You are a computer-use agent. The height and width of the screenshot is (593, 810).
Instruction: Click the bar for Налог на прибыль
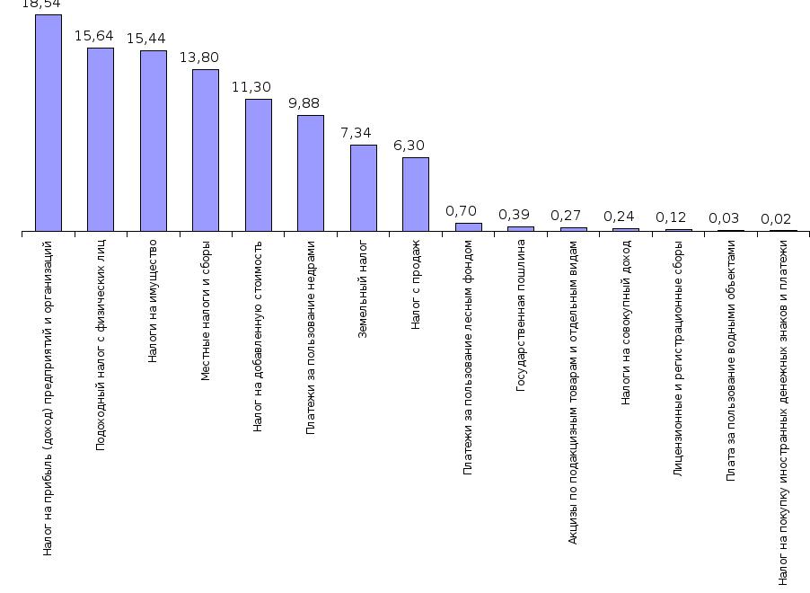[x=48, y=123]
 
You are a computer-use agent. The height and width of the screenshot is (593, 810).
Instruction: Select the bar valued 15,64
[x=101, y=139]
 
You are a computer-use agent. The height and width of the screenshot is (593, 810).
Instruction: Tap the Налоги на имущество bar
[x=153, y=141]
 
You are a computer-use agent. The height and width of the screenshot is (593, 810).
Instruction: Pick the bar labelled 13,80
[x=206, y=150]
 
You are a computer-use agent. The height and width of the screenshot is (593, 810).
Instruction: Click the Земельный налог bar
[x=363, y=188]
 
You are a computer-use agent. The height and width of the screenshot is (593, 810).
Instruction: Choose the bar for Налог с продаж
[x=416, y=194]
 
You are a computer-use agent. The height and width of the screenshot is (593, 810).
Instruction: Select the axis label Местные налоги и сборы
[x=206, y=310]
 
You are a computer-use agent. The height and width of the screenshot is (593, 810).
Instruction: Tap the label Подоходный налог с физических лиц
[x=101, y=344]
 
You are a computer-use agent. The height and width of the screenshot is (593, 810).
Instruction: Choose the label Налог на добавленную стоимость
[x=258, y=336]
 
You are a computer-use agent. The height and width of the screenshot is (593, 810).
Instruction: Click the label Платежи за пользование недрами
[x=311, y=338]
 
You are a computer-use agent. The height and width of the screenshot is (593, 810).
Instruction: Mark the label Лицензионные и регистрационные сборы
[x=678, y=357]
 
